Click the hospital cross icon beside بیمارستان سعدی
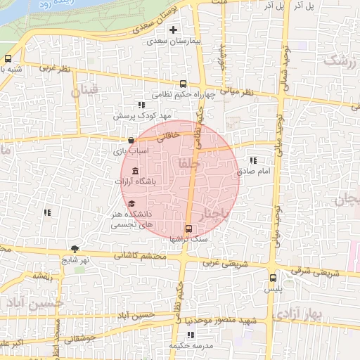(173, 30)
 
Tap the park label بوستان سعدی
(166, 15)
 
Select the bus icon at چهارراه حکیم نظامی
(184, 82)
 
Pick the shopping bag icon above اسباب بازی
(131, 140)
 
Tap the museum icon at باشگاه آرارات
(135, 172)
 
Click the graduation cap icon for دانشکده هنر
(131, 204)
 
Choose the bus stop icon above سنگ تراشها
(188, 229)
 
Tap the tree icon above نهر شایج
(75, 249)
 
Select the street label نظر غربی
(55, 68)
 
